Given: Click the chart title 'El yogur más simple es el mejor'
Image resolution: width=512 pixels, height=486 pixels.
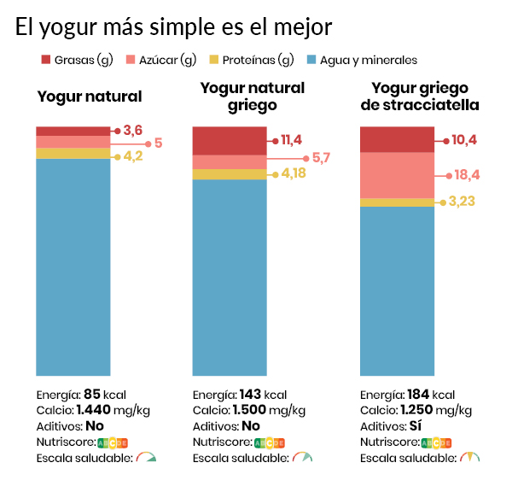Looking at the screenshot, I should point(173,26).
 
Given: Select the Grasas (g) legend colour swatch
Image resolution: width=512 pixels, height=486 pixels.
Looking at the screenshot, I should point(46,60).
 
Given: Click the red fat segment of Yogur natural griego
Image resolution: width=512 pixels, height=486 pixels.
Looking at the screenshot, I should point(230,140).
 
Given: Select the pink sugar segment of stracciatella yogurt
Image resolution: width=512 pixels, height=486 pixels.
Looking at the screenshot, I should point(398,175).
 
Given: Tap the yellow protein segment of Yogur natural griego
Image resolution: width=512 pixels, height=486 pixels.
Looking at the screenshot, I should point(230,174).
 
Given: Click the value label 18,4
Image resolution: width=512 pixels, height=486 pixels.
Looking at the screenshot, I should point(467,174).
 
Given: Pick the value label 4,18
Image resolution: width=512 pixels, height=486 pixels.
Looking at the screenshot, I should point(293,174).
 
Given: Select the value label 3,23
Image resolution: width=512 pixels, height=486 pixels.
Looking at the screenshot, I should point(461,202).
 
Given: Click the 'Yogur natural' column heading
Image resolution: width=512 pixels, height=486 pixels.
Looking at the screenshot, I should point(90,97).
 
